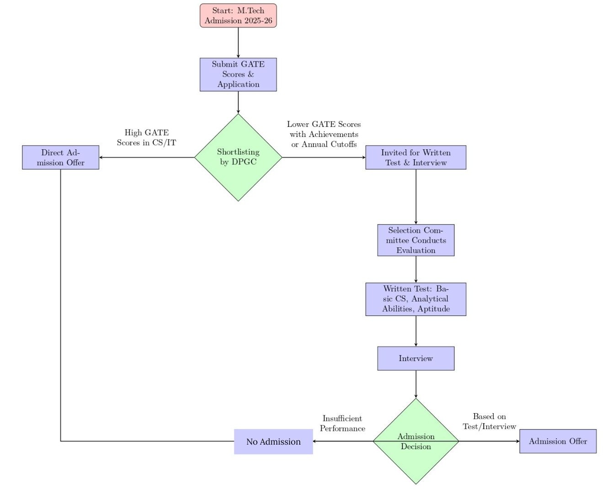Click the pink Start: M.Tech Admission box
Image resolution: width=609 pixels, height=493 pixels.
click(x=238, y=16)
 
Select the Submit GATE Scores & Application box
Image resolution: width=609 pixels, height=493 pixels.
click(x=238, y=74)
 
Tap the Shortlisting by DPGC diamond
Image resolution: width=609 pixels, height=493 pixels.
click(x=238, y=157)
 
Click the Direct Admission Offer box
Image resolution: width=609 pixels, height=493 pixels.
click(x=60, y=157)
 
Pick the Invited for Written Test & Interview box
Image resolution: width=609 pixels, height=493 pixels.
click(x=415, y=157)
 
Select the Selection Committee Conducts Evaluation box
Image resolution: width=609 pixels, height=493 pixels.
click(x=415, y=240)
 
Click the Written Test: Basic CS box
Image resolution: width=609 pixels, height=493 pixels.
click(x=415, y=299)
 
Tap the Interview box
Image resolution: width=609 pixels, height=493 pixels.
click(x=415, y=358)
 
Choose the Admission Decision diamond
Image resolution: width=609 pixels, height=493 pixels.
click(x=415, y=441)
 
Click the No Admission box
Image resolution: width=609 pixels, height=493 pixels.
click(x=273, y=441)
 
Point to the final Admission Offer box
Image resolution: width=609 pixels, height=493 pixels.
click(x=557, y=441)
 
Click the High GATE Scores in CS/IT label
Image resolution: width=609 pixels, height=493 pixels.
click(x=146, y=137)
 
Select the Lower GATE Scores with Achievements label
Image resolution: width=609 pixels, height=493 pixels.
click(x=323, y=134)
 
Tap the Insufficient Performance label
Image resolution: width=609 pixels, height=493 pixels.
click(x=342, y=423)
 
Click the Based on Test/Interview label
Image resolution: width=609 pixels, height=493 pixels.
click(x=489, y=421)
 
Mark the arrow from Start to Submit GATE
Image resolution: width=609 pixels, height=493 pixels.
click(x=238, y=42)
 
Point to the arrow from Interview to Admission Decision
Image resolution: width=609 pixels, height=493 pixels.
click(x=416, y=384)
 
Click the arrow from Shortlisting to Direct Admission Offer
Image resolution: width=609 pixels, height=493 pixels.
click(x=146, y=157)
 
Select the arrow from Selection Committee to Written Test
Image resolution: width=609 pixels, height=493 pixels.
click(x=416, y=269)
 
